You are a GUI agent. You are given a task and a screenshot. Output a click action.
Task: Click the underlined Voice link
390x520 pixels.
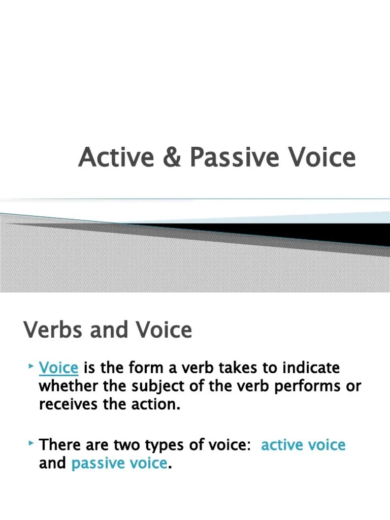(58, 367)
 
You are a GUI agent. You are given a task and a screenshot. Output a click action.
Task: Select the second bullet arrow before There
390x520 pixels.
(31, 444)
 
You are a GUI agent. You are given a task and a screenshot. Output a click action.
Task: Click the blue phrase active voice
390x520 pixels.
(303, 445)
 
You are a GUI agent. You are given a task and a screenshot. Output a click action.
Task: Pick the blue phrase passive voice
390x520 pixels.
(119, 463)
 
